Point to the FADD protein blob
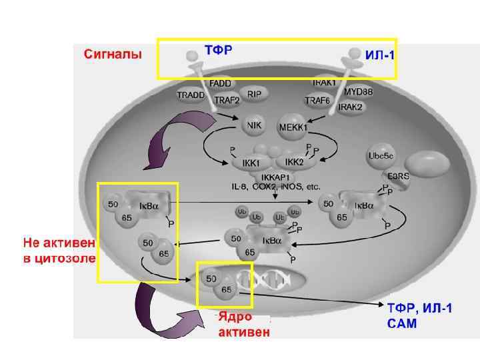coord(220,84)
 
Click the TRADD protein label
coord(191,95)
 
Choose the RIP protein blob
coord(254,95)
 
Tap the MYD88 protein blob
coord(359,91)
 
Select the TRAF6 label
coord(317,101)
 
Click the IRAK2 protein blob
coord(350,107)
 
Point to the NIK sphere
coord(254,125)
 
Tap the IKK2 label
coord(294,162)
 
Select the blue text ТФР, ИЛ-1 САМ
coord(420,315)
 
